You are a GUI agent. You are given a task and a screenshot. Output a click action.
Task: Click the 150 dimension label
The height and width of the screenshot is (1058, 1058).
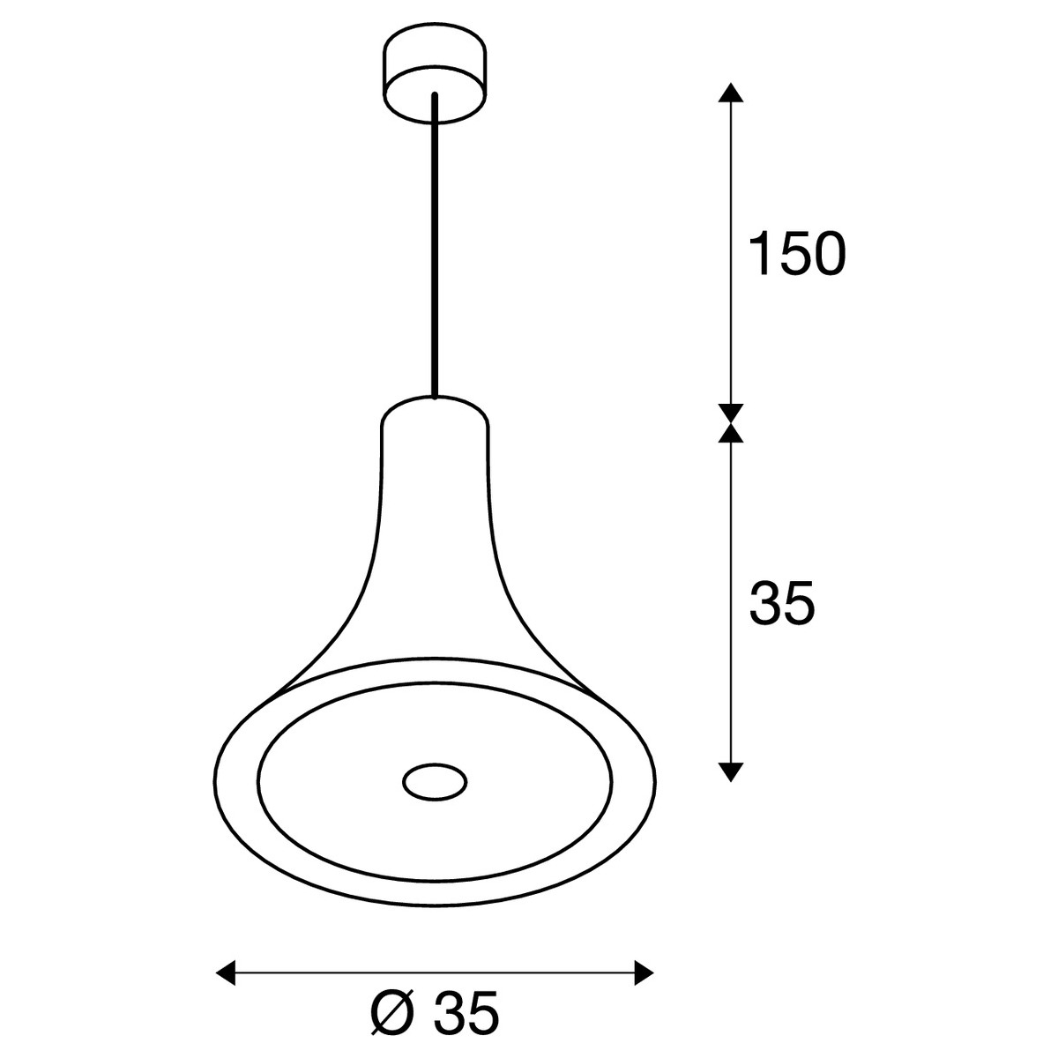click(x=797, y=253)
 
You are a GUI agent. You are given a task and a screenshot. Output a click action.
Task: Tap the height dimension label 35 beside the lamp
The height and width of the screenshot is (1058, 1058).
click(x=782, y=602)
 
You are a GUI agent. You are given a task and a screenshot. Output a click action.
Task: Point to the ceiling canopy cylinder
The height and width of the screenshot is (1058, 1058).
click(x=435, y=72)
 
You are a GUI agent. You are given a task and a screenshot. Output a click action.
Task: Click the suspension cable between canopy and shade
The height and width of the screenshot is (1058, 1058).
click(x=435, y=245)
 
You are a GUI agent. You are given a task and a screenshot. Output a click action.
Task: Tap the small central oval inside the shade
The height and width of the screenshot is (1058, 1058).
click(x=435, y=782)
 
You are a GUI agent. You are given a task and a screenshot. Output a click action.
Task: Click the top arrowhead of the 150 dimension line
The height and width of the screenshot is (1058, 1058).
click(x=731, y=93)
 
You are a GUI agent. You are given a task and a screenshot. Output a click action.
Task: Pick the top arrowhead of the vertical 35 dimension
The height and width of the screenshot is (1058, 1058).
click(x=731, y=433)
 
